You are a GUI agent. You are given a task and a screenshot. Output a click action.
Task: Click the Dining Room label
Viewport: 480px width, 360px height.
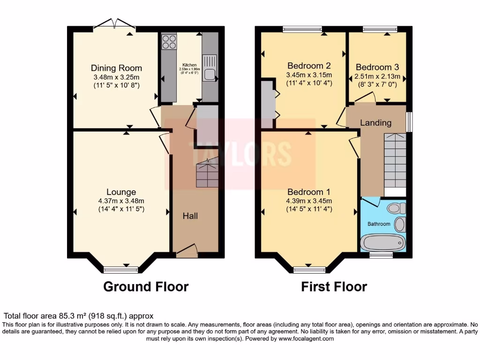point(116,68)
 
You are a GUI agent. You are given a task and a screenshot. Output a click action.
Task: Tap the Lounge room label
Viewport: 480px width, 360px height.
point(121,192)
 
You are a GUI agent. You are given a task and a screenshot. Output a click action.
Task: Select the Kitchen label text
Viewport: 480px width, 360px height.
point(189,65)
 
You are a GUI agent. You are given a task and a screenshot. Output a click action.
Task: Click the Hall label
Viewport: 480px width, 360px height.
point(190,216)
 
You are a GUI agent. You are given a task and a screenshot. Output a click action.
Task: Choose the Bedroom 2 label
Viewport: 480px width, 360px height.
point(309,66)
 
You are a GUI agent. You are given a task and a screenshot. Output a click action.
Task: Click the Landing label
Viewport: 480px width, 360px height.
point(375,123)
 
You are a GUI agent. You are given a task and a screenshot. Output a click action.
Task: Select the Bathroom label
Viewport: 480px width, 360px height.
point(379,224)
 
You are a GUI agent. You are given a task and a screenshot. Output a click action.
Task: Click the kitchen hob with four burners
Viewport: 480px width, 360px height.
point(169,42)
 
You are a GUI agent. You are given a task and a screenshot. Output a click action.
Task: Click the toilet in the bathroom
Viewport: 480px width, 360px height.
point(397,208)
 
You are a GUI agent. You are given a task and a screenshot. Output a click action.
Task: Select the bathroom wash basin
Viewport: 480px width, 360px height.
point(400,225)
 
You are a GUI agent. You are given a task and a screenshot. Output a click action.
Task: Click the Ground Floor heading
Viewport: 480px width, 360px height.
point(146,286)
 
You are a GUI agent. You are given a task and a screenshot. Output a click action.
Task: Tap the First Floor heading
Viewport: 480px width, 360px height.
point(334,286)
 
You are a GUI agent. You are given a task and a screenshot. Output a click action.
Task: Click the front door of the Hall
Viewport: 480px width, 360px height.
point(187,250)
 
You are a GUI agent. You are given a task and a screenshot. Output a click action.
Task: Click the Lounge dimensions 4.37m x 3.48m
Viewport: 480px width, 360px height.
point(121,201)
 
